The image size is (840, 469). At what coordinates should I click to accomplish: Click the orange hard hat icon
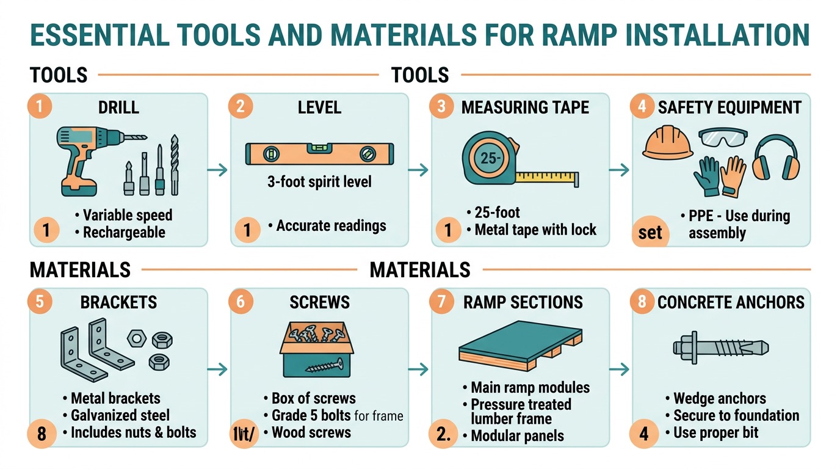668,145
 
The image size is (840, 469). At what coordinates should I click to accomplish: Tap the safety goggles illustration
725,137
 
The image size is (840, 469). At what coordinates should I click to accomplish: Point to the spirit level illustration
319,153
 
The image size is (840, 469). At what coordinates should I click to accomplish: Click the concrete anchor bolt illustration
720,349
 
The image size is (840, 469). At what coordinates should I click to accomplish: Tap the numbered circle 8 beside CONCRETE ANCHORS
642,302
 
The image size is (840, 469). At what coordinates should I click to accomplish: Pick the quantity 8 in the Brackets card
42,434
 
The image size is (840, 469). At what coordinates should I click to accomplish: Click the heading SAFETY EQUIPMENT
730,108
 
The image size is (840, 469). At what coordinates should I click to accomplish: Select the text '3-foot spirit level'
319,182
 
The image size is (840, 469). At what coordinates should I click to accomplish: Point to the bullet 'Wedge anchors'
719,399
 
